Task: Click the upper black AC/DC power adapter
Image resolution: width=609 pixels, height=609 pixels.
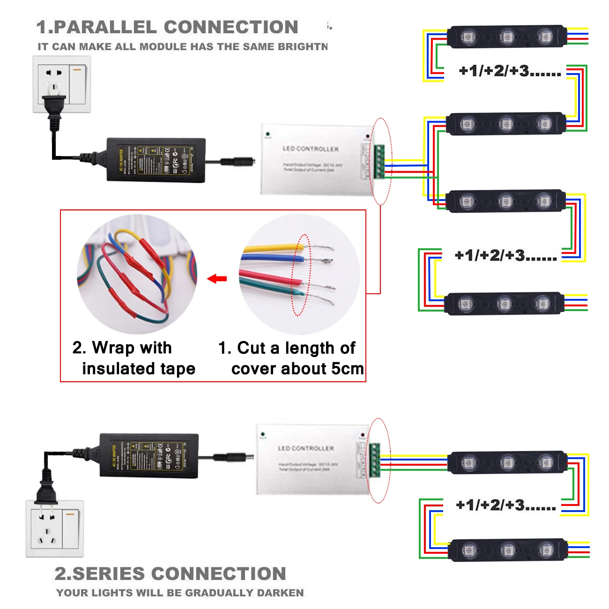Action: tap(156, 159)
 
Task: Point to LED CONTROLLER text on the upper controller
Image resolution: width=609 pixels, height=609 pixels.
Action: tap(310, 149)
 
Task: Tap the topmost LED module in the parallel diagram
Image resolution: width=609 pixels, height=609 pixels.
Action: tap(506, 36)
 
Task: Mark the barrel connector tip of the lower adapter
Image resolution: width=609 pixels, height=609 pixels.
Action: tap(250, 456)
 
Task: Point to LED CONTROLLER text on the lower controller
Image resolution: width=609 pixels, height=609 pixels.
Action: tap(306, 448)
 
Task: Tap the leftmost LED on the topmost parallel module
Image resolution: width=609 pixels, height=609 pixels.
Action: tap(468, 36)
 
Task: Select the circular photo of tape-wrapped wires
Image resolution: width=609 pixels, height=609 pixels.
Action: tap(137, 274)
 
